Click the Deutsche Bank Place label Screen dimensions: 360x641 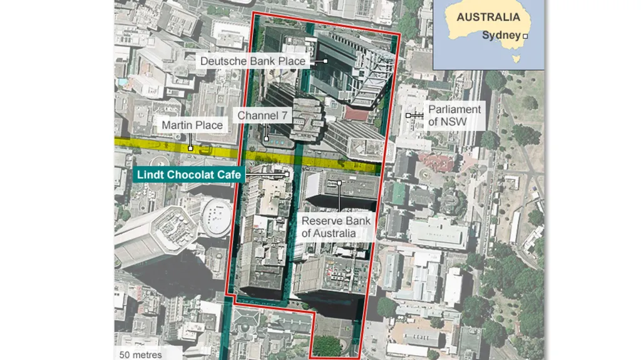(252, 61)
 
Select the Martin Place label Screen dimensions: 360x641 (192, 126)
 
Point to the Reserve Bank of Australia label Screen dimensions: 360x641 (336, 227)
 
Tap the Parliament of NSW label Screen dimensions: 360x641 (454, 115)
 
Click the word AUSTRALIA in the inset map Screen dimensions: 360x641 (488, 18)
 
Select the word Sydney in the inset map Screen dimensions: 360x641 (501, 36)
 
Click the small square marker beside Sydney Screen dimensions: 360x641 (525, 36)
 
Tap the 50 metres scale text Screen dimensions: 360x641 (141, 355)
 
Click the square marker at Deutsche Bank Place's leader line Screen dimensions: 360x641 (326, 61)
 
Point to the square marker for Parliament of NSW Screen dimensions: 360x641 (408, 116)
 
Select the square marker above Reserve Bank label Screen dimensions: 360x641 (339, 183)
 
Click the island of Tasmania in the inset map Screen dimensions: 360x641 (516, 59)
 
